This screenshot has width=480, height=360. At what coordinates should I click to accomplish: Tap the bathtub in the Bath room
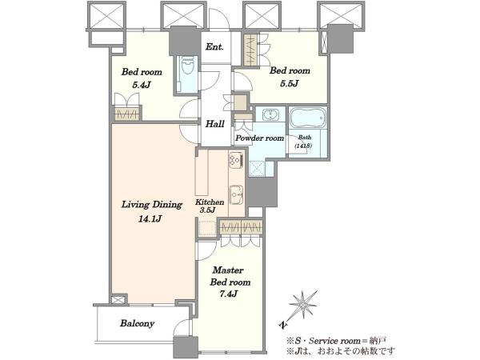click(x=308, y=118)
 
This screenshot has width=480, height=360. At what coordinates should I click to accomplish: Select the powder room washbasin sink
click(x=270, y=115)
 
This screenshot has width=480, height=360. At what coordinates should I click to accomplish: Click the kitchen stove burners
click(x=236, y=161)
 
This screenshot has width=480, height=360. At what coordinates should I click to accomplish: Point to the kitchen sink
click(x=236, y=195)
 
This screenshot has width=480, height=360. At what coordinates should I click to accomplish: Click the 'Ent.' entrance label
click(x=214, y=47)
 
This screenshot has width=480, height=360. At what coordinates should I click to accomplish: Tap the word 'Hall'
click(x=214, y=124)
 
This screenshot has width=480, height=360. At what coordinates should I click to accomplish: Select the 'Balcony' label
click(x=137, y=323)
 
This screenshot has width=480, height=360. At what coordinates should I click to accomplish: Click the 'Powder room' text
click(x=259, y=138)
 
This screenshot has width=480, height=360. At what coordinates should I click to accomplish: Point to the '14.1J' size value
click(x=150, y=219)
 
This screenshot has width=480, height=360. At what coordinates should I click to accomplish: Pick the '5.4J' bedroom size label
click(x=142, y=85)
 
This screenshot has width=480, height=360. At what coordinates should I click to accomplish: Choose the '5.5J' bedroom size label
click(x=290, y=83)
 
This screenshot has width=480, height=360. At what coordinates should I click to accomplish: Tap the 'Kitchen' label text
click(x=210, y=202)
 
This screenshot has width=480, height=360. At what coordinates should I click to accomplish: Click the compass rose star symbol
click(x=302, y=305)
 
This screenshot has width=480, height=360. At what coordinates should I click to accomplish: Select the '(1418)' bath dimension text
click(x=303, y=146)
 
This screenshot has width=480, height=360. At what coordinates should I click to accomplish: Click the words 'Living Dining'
click(x=152, y=205)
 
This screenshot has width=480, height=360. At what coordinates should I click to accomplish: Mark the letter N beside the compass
click(x=283, y=325)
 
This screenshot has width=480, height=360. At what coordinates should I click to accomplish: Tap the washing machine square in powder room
click(x=257, y=169)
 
